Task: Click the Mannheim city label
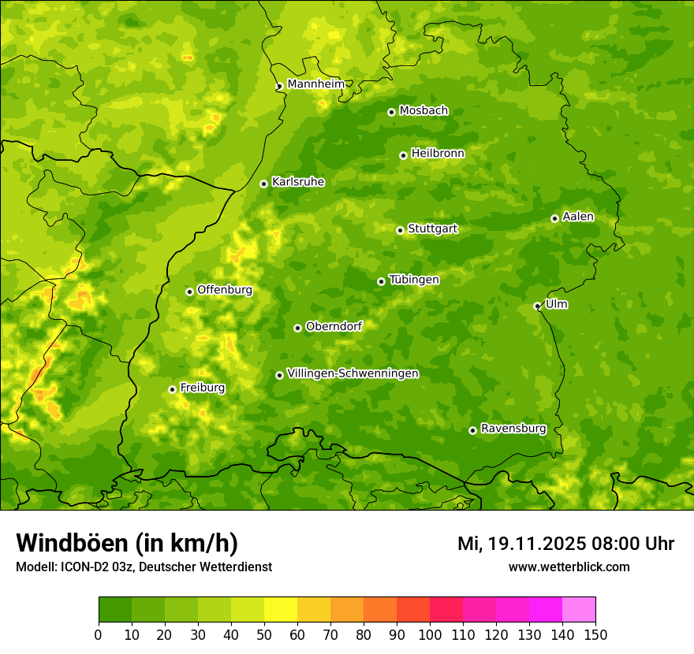(x=315, y=84)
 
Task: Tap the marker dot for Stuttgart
(x=400, y=230)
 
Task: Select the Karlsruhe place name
(x=297, y=182)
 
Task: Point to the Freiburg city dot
(x=172, y=389)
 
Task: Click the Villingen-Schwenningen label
(x=353, y=373)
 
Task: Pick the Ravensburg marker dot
(x=472, y=430)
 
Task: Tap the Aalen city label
(x=578, y=217)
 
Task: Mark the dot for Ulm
(x=537, y=307)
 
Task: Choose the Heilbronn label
(x=438, y=154)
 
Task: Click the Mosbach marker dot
(x=391, y=112)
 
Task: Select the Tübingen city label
(x=414, y=280)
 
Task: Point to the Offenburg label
(x=225, y=290)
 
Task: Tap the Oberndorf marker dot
(x=297, y=328)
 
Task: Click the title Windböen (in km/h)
(x=126, y=543)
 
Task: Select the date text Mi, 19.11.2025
(x=520, y=544)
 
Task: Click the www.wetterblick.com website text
(x=569, y=567)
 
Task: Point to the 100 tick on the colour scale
(x=430, y=634)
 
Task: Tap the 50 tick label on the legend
(x=264, y=634)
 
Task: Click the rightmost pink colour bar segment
(x=579, y=610)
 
